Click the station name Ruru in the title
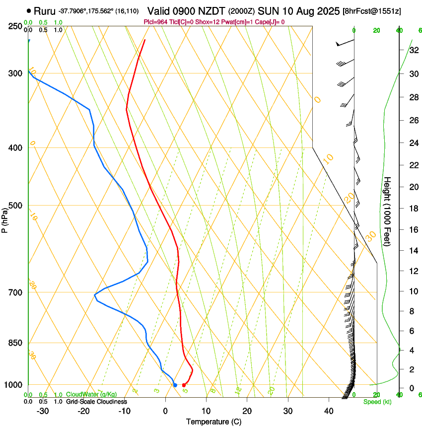click(45, 10)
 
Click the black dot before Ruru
click(29, 10)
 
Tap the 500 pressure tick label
click(15, 206)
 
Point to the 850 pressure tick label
click(15, 343)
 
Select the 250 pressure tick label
click(15, 26)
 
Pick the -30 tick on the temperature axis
click(43, 411)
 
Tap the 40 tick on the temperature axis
click(328, 411)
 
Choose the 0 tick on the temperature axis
click(165, 411)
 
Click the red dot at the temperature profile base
click(184, 385)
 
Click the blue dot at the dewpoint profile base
click(175, 385)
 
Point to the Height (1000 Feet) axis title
click(388, 211)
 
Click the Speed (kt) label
click(377, 402)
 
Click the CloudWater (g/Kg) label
click(84, 395)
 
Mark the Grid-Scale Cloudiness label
click(96, 401)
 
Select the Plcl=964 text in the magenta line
click(155, 22)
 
